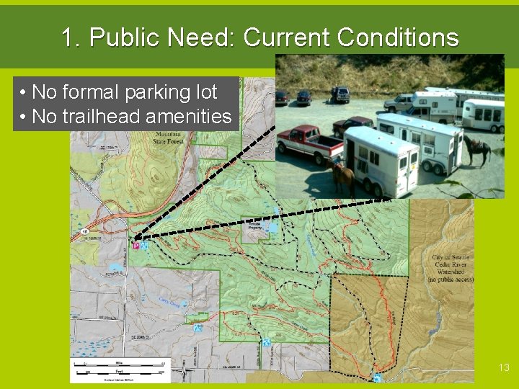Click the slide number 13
coord(504,367)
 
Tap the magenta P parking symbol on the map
coord(135,246)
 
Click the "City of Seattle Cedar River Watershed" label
coord(452,267)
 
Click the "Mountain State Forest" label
coord(169,137)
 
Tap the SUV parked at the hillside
coord(340,94)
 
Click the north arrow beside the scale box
coord(184,371)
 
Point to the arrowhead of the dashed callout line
coord(136,238)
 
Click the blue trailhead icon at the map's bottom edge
coord(378,377)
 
